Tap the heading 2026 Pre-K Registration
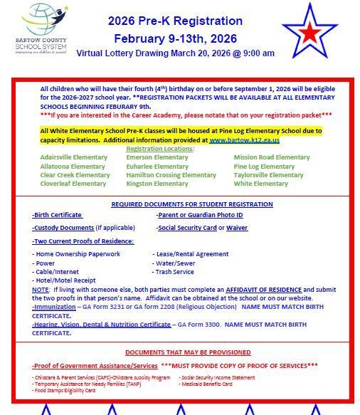point(175,21)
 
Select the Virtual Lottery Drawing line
point(175,53)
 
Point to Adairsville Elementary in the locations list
point(74,157)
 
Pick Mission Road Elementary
point(271,157)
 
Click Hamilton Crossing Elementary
point(171,175)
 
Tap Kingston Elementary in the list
point(157,184)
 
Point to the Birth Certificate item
point(57,215)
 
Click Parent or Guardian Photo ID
point(200,215)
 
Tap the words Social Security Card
point(186,228)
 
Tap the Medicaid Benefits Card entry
point(206,384)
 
